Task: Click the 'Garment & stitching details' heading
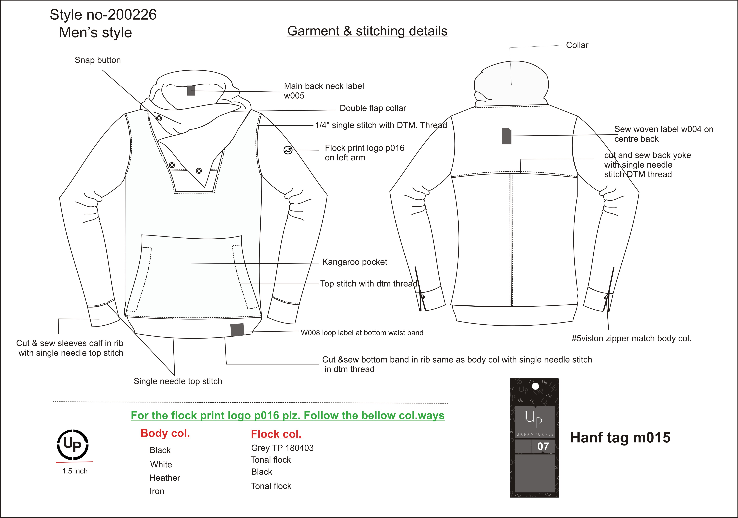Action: click(x=367, y=31)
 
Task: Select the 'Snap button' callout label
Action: click(x=98, y=60)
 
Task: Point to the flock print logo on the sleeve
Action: click(x=288, y=150)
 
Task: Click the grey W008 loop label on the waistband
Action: click(x=237, y=330)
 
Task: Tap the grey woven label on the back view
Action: click(x=507, y=136)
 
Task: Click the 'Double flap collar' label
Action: click(x=373, y=108)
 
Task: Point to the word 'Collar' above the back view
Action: click(x=577, y=45)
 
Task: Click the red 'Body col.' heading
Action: click(x=165, y=433)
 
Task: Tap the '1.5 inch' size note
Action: click(x=75, y=471)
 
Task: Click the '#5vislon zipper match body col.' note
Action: click(x=631, y=339)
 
